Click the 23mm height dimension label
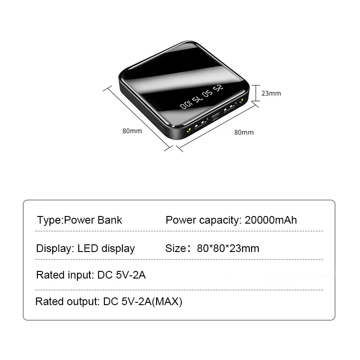tap(271, 94)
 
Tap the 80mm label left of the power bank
tap(132, 131)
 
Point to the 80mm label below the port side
tap(244, 132)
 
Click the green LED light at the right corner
tap(242, 101)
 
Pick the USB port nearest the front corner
tap(202, 122)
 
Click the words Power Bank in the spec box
tap(93, 220)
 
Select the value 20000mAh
tap(271, 220)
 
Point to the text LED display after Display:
tap(106, 248)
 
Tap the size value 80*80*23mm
tap(228, 248)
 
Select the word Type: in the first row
tap(50, 220)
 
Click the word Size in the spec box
tap(175, 248)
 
